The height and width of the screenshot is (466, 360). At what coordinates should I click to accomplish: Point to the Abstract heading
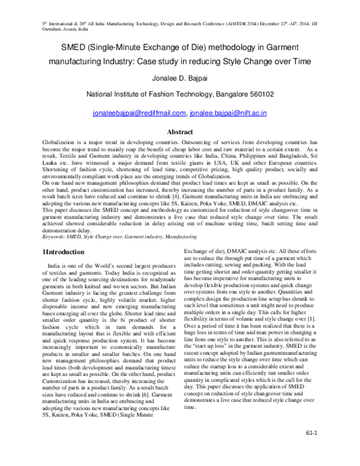[x=179, y=131]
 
